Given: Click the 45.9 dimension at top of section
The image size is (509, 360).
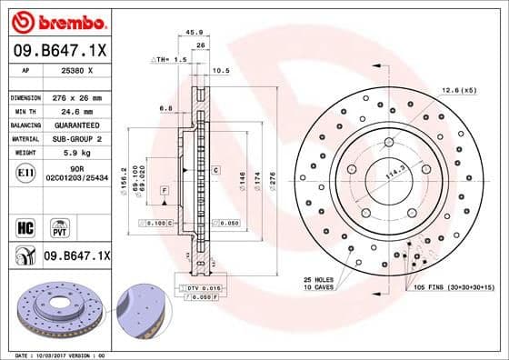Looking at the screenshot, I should (x=193, y=33).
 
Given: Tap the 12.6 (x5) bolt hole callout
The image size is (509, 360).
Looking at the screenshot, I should (x=457, y=89).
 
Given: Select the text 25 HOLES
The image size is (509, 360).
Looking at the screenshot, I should (x=320, y=278).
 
